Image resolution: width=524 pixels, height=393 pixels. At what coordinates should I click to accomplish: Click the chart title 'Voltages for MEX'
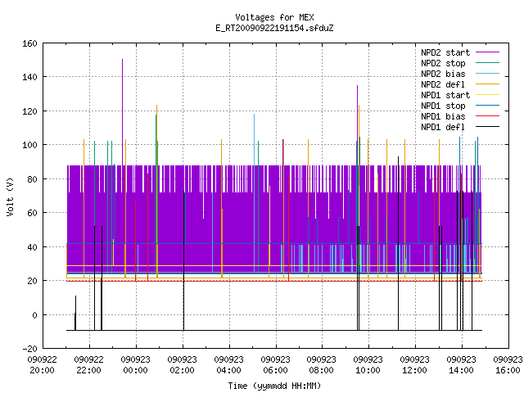click(274, 17)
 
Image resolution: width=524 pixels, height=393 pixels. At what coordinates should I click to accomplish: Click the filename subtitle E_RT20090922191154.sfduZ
click(274, 28)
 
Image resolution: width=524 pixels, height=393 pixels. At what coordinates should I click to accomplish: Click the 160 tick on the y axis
click(29, 43)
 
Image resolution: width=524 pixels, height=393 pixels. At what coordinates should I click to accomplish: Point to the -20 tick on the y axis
click(29, 349)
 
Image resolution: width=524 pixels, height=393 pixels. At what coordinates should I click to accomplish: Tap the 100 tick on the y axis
click(29, 145)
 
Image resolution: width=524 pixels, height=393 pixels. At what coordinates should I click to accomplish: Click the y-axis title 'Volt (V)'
click(11, 196)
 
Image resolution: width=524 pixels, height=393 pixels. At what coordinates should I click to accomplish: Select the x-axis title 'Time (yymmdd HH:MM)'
click(274, 386)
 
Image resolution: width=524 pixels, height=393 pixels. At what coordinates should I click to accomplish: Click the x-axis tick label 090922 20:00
click(42, 365)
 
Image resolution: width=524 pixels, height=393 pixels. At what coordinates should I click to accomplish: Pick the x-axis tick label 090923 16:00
click(508, 365)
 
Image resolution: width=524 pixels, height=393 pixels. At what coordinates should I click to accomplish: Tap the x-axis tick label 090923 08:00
click(322, 365)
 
